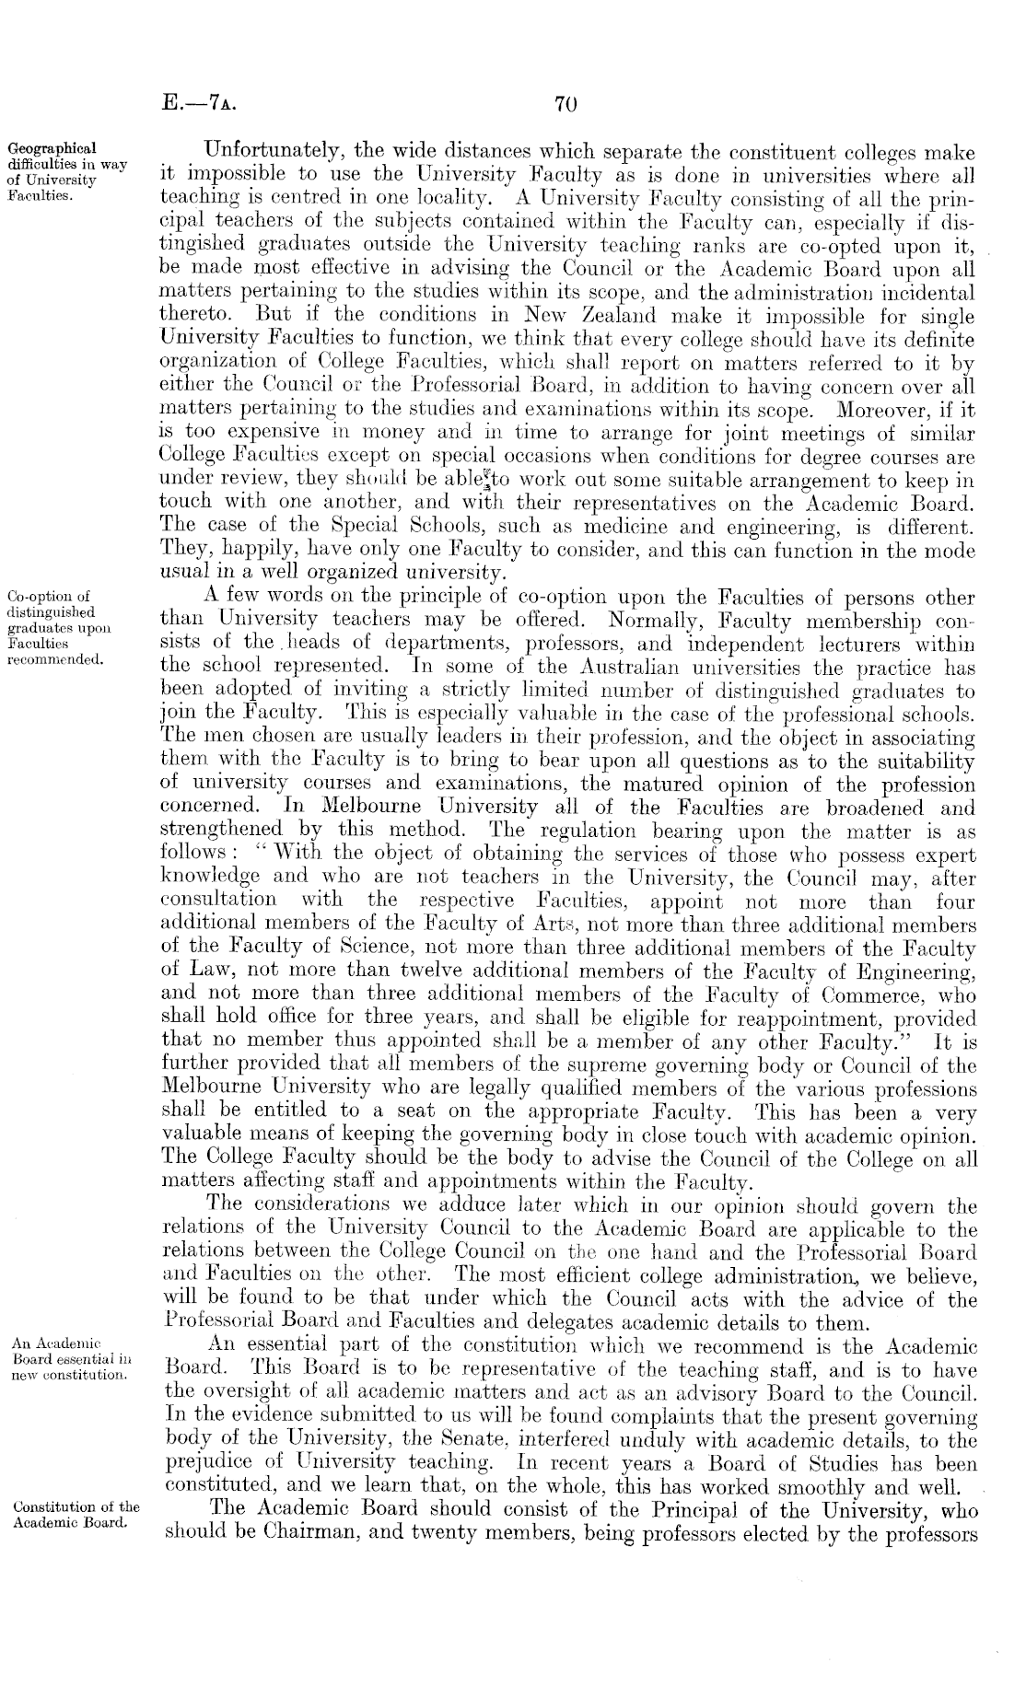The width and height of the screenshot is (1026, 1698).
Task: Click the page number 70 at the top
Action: point(565,104)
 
